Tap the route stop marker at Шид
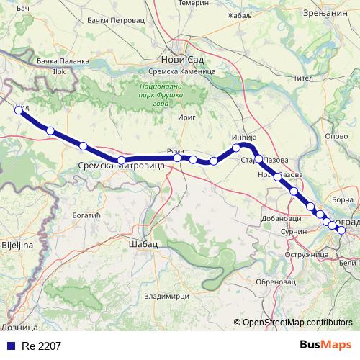pyautogui.click(x=19, y=111)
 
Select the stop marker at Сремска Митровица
pyautogui.click(x=122, y=161)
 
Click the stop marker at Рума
pyautogui.click(x=177, y=158)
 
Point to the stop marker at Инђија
pyautogui.click(x=236, y=148)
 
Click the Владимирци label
pyautogui.click(x=166, y=296)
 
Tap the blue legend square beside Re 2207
pyautogui.click(x=9, y=346)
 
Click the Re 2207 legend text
pyautogui.click(x=41, y=346)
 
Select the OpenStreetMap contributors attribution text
pyautogui.click(x=297, y=323)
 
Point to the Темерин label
pyautogui.click(x=194, y=4)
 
